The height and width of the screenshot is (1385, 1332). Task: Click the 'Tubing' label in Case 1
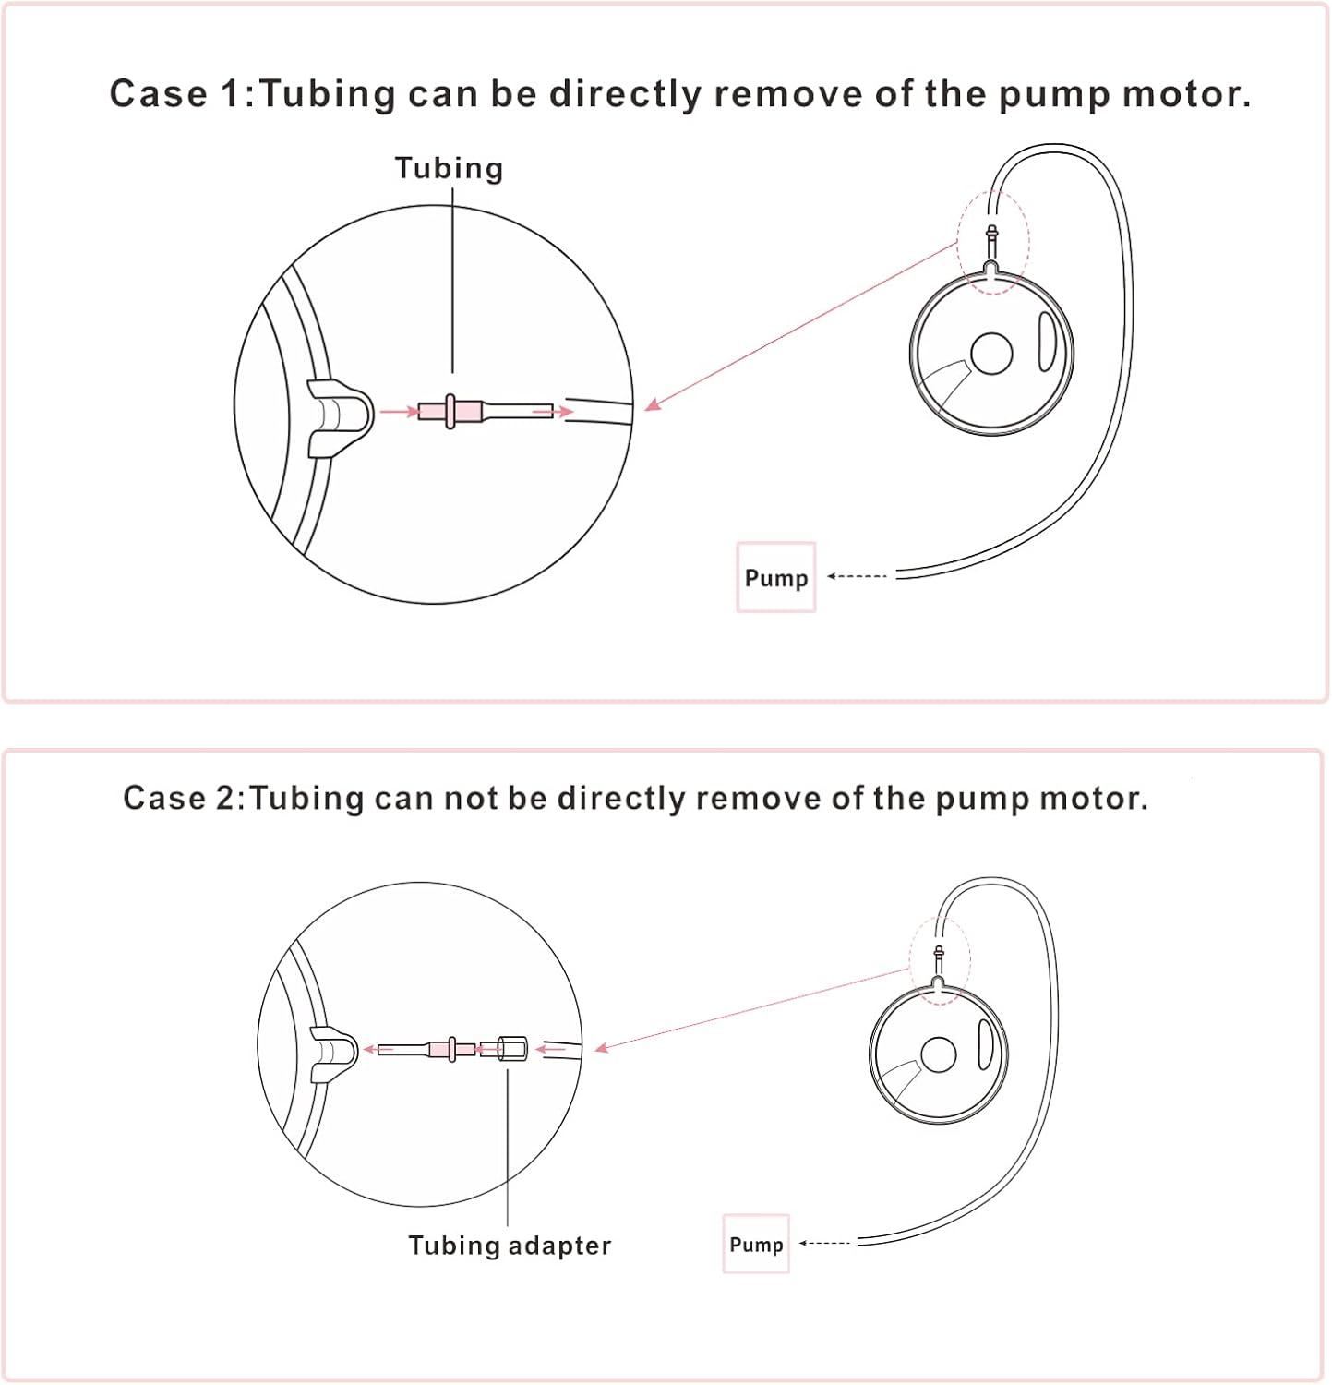click(449, 168)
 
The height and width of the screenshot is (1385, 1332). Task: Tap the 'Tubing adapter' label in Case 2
click(510, 1246)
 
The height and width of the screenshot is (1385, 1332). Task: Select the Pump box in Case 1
click(775, 577)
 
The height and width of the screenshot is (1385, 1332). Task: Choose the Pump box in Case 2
click(756, 1244)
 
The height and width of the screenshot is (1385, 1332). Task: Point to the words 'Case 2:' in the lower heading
click(184, 798)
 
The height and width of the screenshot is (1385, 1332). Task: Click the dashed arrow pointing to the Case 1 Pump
click(857, 576)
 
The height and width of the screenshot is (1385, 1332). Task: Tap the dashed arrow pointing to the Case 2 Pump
click(824, 1243)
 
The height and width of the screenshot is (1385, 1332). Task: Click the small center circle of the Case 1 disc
click(991, 354)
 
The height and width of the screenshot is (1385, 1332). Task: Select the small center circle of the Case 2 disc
click(939, 1054)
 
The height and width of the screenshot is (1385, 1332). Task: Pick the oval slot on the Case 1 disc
click(1047, 342)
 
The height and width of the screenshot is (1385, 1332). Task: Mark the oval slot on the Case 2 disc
click(986, 1044)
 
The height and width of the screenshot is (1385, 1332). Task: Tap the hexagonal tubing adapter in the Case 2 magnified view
click(512, 1049)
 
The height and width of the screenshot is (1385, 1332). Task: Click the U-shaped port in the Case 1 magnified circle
click(339, 417)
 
